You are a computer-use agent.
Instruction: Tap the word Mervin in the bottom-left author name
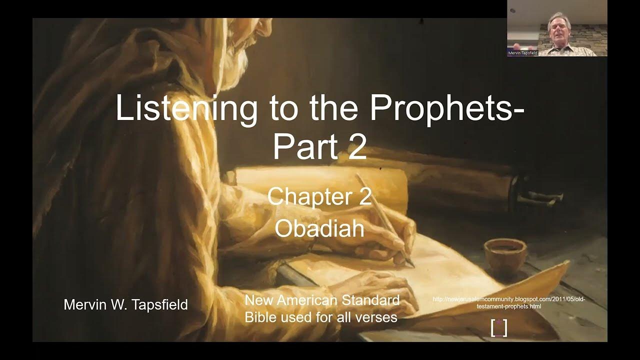click(86, 304)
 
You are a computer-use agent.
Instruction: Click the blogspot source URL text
click(508, 302)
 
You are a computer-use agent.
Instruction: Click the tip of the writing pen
click(411, 265)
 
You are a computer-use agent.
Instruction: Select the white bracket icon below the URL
click(499, 327)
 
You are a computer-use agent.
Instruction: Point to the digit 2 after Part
click(356, 146)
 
